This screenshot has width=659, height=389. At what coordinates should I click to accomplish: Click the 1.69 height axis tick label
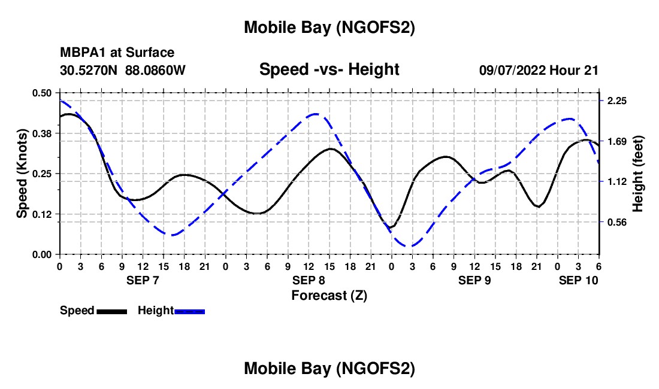coord(617,142)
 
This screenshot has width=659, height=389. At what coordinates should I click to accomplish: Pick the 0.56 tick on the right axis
coord(617,222)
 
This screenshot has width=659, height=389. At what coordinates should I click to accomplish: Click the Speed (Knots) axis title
coord(22,174)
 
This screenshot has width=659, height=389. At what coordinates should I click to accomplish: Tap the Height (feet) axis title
coord(637,174)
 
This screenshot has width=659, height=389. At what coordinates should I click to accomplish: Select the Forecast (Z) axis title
coord(329,295)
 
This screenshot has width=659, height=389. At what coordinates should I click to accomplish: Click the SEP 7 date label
coord(143,280)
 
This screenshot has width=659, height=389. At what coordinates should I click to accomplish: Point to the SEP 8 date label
coord(309,280)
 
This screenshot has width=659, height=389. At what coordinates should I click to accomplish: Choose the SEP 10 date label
coord(579,280)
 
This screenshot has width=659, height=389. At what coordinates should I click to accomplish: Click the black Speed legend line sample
coord(111,311)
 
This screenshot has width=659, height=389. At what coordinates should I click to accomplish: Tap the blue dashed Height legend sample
coord(189,311)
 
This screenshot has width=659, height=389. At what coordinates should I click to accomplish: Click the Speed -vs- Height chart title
coord(329,69)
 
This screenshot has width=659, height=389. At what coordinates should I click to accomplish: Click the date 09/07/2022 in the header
coord(513,70)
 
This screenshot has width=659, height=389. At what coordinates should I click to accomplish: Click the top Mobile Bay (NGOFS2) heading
coord(329,28)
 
